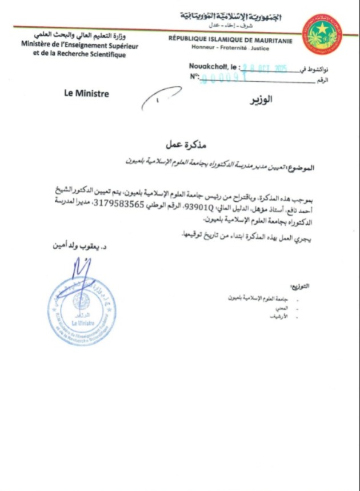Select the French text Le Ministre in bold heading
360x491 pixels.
point(87,94)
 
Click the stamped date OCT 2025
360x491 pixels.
point(269,69)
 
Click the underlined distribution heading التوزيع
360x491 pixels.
point(299,286)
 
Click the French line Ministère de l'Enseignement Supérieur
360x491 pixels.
point(80,45)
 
